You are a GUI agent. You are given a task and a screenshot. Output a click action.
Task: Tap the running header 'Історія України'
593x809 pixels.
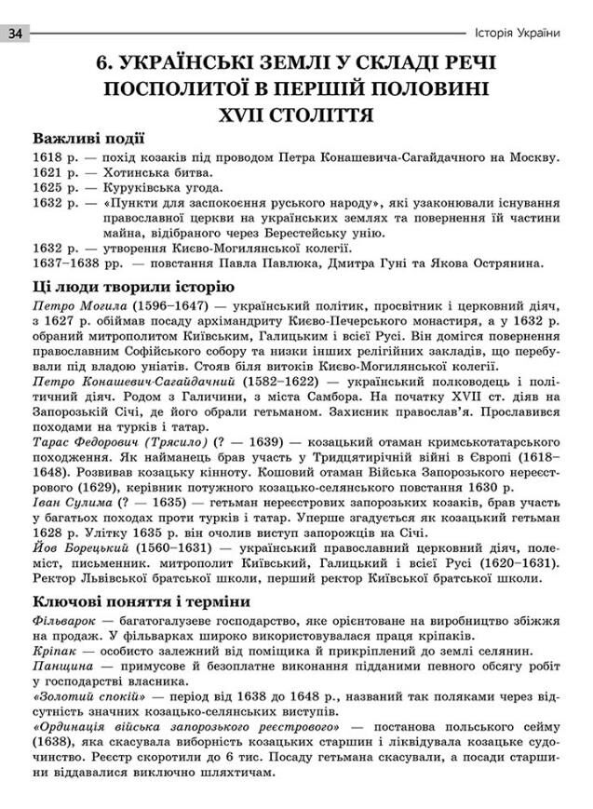click(518, 34)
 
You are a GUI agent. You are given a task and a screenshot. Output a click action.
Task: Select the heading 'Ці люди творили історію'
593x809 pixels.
click(133, 287)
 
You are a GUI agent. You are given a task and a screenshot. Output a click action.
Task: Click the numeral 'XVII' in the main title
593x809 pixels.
click(244, 115)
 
